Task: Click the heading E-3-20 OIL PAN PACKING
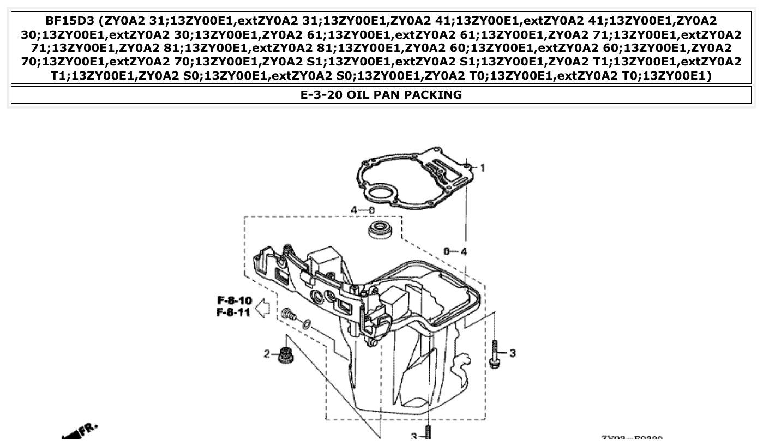click(x=381, y=95)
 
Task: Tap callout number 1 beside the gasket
click(x=482, y=167)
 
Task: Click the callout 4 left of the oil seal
click(x=354, y=210)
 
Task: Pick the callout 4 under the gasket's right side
click(x=464, y=251)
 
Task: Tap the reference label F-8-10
click(x=235, y=300)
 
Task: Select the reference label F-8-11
click(x=235, y=312)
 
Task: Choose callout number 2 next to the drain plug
click(x=267, y=354)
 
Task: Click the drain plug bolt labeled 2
click(x=284, y=355)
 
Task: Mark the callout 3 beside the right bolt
click(x=513, y=353)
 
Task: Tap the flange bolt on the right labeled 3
click(x=495, y=354)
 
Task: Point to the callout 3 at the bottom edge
click(x=414, y=436)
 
